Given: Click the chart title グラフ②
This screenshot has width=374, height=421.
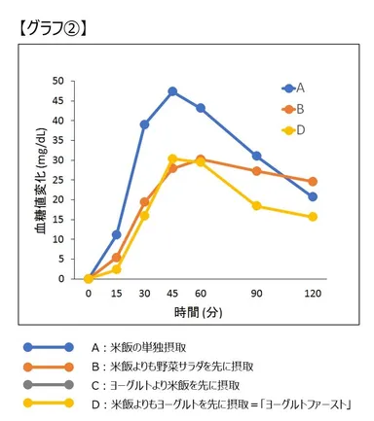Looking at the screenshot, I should pos(54,28).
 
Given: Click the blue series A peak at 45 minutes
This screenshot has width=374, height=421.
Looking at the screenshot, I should pos(172,91).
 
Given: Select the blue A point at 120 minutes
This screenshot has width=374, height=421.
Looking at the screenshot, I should pos(313,196).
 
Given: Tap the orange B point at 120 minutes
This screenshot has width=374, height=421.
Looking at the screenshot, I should pos(313,181).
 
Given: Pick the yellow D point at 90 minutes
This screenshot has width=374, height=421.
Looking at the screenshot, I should pos(256,205).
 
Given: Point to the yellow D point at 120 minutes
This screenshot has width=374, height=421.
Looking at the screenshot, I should pos(313,217).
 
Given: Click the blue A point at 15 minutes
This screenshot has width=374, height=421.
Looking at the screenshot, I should pos(117,234).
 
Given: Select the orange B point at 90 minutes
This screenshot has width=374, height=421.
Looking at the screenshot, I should pos(256,171).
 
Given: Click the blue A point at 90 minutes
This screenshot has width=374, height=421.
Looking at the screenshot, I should pos(256,156).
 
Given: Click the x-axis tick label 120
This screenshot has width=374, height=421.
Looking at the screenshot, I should pos(312,293).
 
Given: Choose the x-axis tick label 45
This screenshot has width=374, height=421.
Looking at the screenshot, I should pos(172,293).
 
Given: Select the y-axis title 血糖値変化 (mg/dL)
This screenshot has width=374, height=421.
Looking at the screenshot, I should pos(41,180).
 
